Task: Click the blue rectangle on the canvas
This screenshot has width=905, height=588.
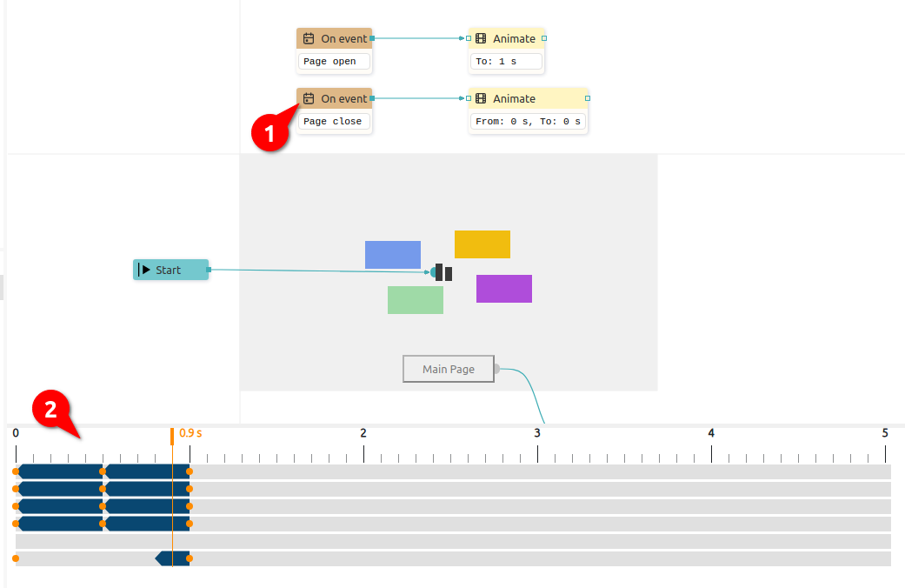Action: click(x=392, y=255)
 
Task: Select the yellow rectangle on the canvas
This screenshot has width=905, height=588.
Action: click(x=482, y=244)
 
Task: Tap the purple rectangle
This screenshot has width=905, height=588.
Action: click(x=504, y=289)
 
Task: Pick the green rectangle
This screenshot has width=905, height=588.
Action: click(x=416, y=300)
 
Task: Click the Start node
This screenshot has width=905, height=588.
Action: click(x=171, y=270)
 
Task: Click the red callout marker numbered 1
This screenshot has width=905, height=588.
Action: click(x=270, y=133)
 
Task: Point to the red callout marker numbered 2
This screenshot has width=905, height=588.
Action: click(x=50, y=410)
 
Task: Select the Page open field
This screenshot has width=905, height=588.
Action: click(x=334, y=61)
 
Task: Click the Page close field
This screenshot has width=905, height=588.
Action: click(x=334, y=121)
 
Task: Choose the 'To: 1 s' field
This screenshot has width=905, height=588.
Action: click(x=506, y=61)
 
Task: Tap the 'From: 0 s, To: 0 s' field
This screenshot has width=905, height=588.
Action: click(x=528, y=121)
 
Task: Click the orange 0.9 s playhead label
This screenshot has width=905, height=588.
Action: click(x=190, y=433)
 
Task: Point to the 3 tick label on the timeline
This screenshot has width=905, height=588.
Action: click(x=537, y=433)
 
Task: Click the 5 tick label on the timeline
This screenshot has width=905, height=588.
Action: click(x=885, y=433)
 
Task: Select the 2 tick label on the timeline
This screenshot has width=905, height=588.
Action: click(x=363, y=433)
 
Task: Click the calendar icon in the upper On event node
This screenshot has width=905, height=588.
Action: click(x=309, y=38)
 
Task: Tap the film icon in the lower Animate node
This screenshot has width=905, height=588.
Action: click(x=481, y=99)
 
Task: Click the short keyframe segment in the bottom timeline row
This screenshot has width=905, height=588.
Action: click(x=173, y=558)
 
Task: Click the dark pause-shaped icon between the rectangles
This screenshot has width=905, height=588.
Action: click(x=444, y=272)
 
